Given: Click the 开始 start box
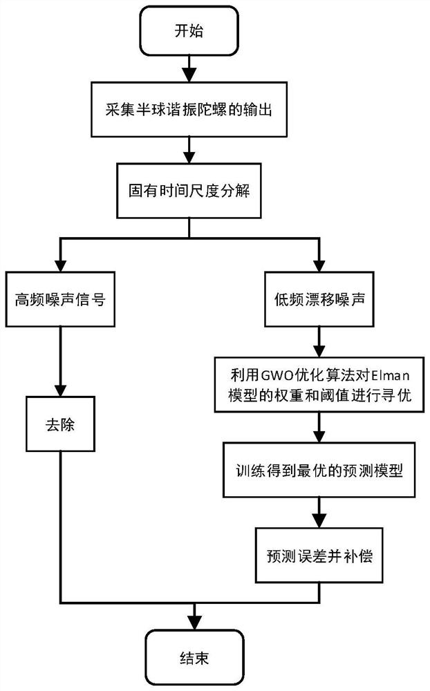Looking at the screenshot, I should [x=189, y=32].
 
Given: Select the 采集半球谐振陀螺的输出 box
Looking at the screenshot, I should [x=189, y=111].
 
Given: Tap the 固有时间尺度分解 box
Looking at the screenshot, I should [x=189, y=191].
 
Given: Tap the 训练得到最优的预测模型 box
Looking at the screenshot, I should [x=318, y=470].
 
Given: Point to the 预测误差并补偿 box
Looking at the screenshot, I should [x=318, y=555].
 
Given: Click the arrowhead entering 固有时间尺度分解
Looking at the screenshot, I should [x=189, y=157].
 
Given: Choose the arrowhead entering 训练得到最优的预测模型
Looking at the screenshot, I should [x=318, y=437].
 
